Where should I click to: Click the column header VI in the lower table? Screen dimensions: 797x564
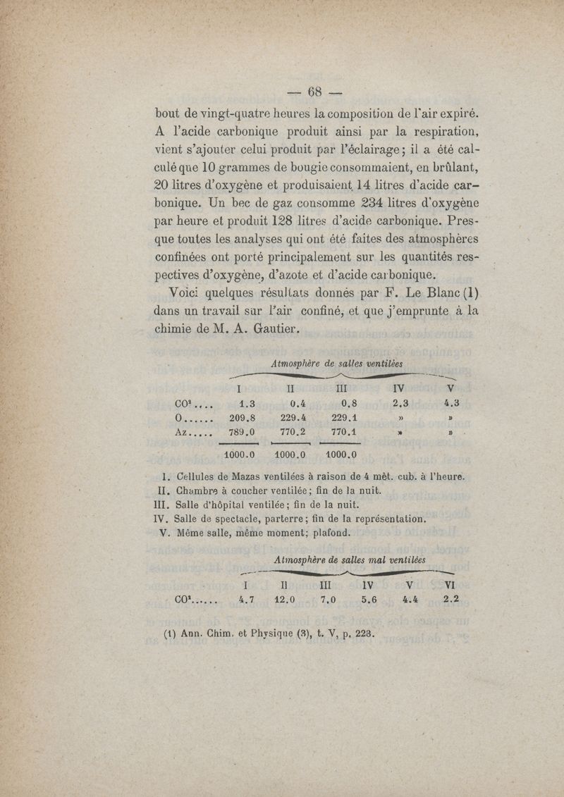448,584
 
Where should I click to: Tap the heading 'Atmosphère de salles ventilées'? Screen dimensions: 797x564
336,364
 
